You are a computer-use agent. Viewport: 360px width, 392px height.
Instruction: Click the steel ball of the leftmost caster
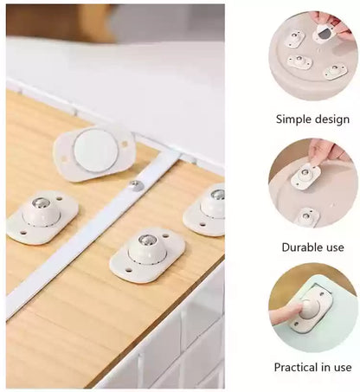click(41, 204)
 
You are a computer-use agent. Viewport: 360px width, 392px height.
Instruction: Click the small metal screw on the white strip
click(136, 185)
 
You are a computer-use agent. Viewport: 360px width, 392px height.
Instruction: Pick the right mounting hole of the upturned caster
click(125, 145)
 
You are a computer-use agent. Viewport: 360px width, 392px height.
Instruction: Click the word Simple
click(293, 119)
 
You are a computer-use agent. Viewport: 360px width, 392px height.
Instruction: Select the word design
click(332, 119)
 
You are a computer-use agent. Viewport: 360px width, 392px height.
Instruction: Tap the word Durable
click(299, 247)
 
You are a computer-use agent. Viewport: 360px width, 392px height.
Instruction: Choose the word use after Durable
click(336, 247)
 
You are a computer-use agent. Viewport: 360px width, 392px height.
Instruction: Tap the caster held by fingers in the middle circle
click(306, 176)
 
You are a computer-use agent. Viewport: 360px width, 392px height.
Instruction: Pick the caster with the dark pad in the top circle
click(325, 35)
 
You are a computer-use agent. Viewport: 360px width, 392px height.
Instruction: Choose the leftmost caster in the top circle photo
click(294, 38)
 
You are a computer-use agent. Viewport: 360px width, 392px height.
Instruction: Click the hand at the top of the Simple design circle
click(332, 21)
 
